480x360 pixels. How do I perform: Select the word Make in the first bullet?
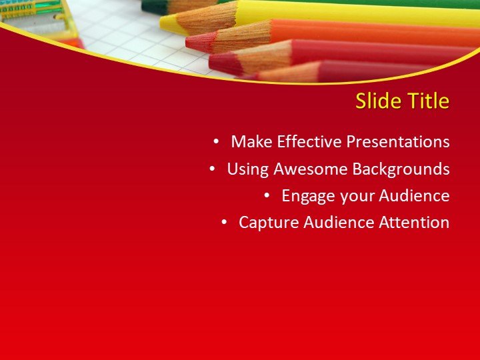[251, 142]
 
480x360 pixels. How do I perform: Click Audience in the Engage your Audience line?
[414, 196]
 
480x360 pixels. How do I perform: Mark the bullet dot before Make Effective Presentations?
[216, 142]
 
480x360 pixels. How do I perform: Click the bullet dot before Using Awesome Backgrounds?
[212, 169]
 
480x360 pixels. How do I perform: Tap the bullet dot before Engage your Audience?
[267, 196]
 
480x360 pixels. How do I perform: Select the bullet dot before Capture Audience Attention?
[224, 223]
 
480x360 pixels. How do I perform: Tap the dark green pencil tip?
[144, 7]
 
